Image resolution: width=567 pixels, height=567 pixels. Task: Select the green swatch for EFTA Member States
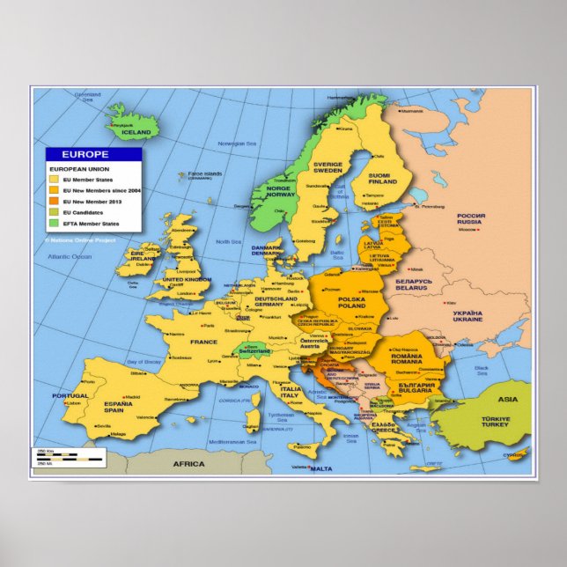tap(53, 224)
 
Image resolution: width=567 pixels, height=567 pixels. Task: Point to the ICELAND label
tap(136, 132)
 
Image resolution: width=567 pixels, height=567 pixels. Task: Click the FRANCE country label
tap(203, 342)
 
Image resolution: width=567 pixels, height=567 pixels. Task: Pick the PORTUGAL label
tap(70, 396)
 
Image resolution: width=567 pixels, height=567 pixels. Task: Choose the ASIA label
tap(508, 399)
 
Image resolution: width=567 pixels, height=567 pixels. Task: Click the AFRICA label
tap(188, 463)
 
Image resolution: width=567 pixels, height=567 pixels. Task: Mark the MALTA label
tap(322, 468)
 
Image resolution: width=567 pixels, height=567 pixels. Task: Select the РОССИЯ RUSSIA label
tap(470, 218)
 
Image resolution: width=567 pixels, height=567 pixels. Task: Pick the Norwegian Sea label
tap(237, 144)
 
